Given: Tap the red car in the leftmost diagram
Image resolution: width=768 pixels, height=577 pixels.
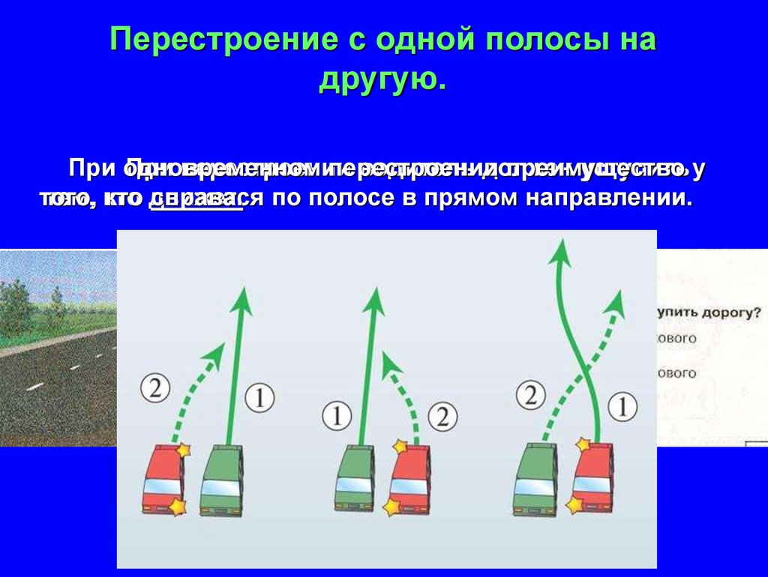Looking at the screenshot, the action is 162,480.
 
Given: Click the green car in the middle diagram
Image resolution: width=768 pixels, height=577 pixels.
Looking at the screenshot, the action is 355,480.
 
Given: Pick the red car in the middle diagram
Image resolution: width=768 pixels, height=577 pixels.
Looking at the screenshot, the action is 410,480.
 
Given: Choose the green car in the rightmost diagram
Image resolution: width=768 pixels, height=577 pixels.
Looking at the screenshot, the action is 534,480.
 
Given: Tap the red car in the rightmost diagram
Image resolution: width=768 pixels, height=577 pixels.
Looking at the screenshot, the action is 592,480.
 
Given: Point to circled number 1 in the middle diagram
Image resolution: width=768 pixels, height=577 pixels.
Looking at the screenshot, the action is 337,414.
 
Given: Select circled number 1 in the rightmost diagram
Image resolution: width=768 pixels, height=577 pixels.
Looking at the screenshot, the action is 622,407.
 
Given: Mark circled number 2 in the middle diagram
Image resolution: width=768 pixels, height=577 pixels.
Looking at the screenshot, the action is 443,414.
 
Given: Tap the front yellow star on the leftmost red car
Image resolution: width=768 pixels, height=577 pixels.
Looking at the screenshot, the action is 181,450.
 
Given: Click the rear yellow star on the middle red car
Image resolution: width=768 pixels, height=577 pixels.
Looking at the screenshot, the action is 392,507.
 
